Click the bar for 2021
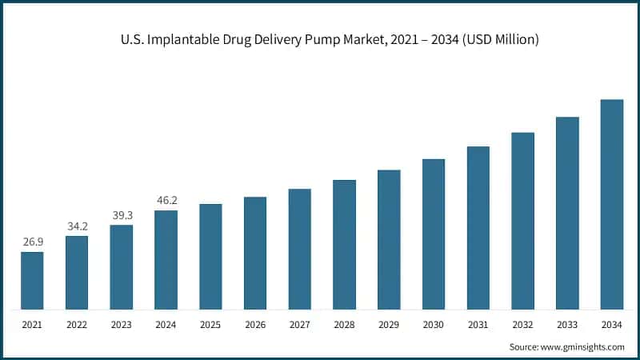point(32,280)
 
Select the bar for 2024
point(166,259)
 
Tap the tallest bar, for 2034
point(612,204)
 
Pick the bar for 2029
point(389,239)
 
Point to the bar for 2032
point(522,220)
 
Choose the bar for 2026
point(255,252)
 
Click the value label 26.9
point(32,240)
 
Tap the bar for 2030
point(434,234)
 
